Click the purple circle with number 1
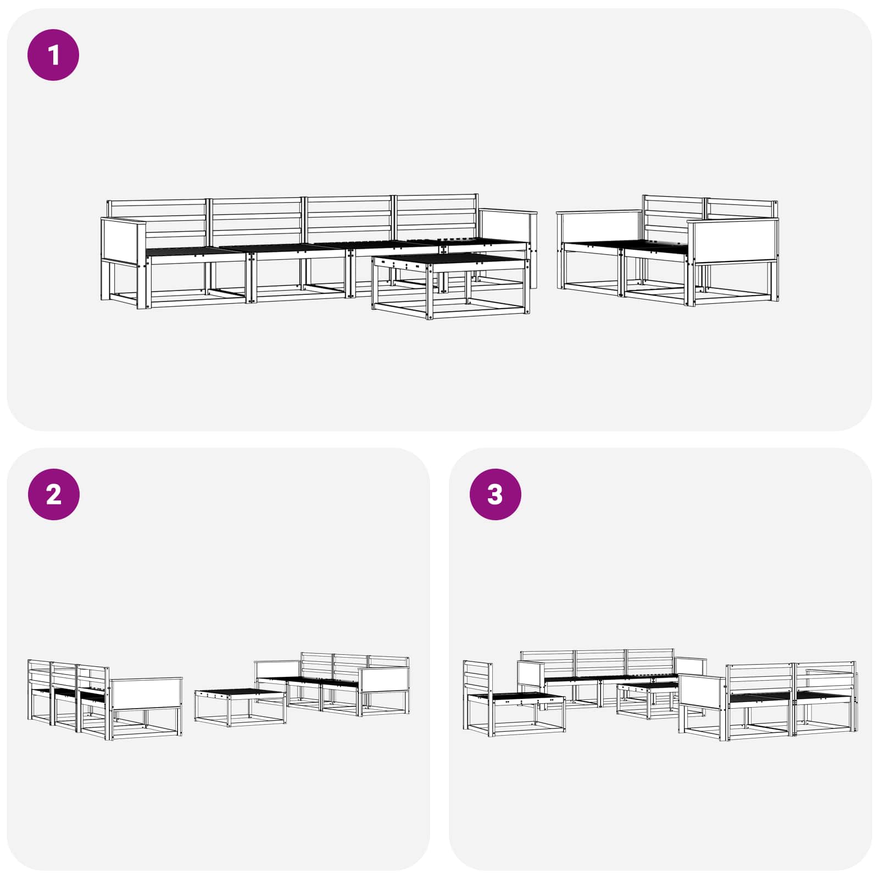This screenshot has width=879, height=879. coord(53,55)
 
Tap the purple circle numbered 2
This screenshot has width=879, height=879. coord(53,494)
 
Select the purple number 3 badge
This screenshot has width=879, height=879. coord(495,494)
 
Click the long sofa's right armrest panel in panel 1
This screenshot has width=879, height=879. coord(507,226)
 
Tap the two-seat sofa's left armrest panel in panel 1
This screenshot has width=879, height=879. coord(599,227)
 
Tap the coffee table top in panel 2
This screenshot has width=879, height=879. coord(240,694)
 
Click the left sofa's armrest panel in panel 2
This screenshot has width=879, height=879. coord(146,693)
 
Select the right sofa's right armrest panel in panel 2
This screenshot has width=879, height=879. coord(383,680)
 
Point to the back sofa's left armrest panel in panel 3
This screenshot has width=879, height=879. coord(530,675)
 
